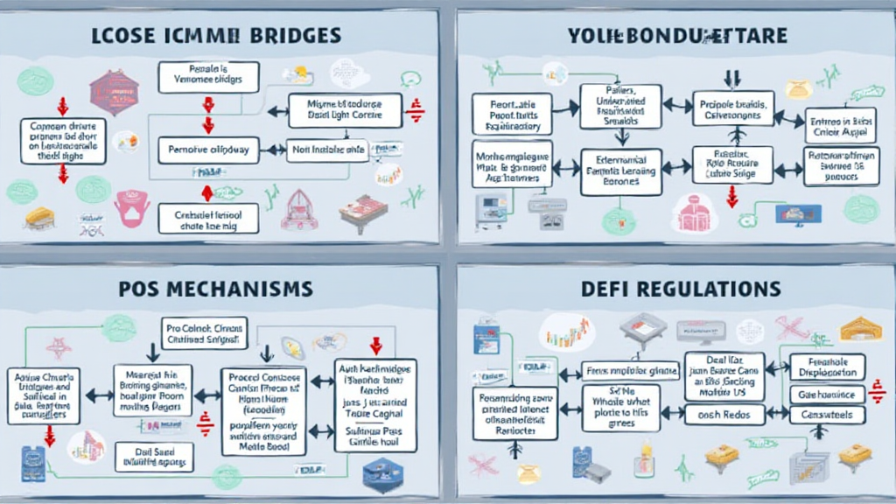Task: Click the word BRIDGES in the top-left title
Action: point(291,36)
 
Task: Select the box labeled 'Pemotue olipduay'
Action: point(207,150)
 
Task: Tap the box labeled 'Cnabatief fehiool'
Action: point(207,219)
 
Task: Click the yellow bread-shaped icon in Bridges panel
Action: point(39,217)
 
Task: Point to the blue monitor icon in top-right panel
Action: point(797,213)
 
